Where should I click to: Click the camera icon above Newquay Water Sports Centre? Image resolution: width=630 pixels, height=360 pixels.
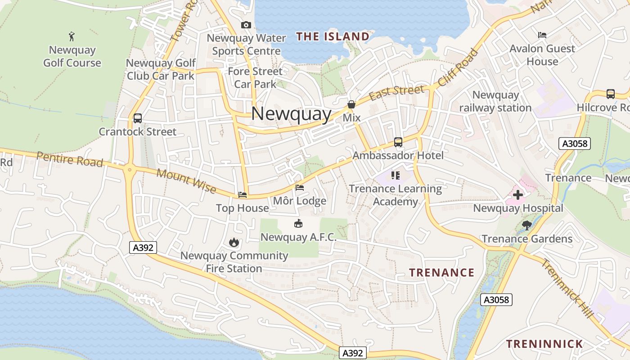(x=246, y=25)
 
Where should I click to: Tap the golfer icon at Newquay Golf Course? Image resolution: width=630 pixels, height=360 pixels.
(x=72, y=36)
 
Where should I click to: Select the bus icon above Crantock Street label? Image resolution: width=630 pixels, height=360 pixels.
(x=138, y=118)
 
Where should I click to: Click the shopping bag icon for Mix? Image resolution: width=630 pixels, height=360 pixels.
(x=351, y=105)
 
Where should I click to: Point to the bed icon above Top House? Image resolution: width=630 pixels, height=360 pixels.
(x=243, y=195)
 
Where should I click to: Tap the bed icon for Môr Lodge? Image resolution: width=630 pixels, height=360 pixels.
(x=300, y=187)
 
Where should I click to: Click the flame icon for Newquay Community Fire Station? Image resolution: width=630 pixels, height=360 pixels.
(x=234, y=243)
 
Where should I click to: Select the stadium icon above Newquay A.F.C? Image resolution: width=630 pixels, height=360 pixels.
(x=298, y=223)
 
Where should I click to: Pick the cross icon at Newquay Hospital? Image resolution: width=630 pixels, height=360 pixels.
(x=518, y=195)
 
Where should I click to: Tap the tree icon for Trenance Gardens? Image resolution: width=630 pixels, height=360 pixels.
(x=527, y=225)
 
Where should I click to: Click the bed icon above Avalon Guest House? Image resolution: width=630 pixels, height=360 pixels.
(x=542, y=35)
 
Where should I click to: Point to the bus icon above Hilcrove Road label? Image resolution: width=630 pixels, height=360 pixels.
(x=610, y=94)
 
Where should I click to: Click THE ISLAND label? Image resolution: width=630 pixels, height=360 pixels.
(x=333, y=36)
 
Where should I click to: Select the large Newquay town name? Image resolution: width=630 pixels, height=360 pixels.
(x=291, y=113)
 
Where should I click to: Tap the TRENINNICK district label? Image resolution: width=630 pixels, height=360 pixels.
(x=544, y=344)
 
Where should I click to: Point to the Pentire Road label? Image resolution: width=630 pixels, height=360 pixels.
(x=70, y=159)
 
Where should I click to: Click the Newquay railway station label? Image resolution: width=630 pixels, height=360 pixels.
(x=495, y=101)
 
